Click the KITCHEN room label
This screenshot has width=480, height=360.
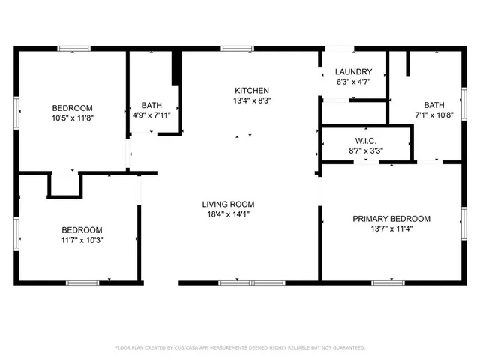[247, 90]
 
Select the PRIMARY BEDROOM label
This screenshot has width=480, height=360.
[391, 219]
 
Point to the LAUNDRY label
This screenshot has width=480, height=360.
[353, 72]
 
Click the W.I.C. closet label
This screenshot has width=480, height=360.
[367, 140]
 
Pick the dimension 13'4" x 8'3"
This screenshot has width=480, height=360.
[247, 100]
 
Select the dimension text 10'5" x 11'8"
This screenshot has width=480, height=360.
[72, 118]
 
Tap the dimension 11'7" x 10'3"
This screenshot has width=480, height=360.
[82, 240]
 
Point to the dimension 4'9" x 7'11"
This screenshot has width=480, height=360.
[152, 116]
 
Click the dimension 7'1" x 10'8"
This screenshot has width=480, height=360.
[433, 115]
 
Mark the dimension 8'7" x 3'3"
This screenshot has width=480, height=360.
[367, 150]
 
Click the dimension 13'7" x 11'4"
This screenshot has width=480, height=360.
[391, 229]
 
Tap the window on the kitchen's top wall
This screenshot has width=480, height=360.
[237, 49]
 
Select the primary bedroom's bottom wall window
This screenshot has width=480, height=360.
[388, 283]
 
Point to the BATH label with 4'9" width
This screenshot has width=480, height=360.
[152, 106]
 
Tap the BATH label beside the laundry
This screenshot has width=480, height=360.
[433, 105]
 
